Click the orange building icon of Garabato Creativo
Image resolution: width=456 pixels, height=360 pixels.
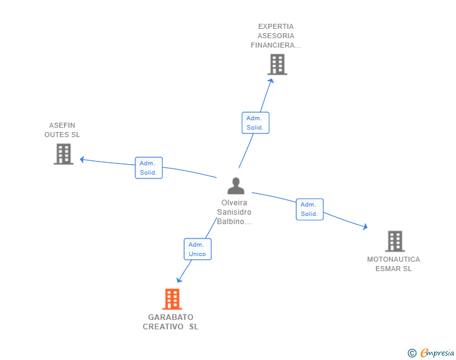(x=172, y=299)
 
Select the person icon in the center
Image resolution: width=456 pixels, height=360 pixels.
(x=236, y=186)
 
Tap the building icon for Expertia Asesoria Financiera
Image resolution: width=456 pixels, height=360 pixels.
(x=277, y=64)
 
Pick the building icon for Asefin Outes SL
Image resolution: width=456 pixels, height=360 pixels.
(x=63, y=154)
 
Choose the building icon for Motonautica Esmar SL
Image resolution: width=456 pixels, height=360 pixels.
(x=395, y=241)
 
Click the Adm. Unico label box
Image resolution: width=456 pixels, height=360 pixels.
(x=197, y=249)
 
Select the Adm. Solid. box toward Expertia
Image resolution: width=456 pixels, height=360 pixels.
(x=255, y=123)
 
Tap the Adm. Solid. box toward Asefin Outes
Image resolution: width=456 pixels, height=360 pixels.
(x=148, y=168)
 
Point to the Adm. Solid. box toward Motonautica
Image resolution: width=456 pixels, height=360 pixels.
(x=309, y=209)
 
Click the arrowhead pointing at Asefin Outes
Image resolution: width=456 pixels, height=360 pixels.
(x=82, y=160)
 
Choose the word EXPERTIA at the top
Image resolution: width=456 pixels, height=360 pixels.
(x=276, y=26)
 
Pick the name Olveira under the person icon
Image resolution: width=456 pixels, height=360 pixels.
(x=234, y=203)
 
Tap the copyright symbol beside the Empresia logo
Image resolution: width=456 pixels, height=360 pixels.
(x=412, y=353)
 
